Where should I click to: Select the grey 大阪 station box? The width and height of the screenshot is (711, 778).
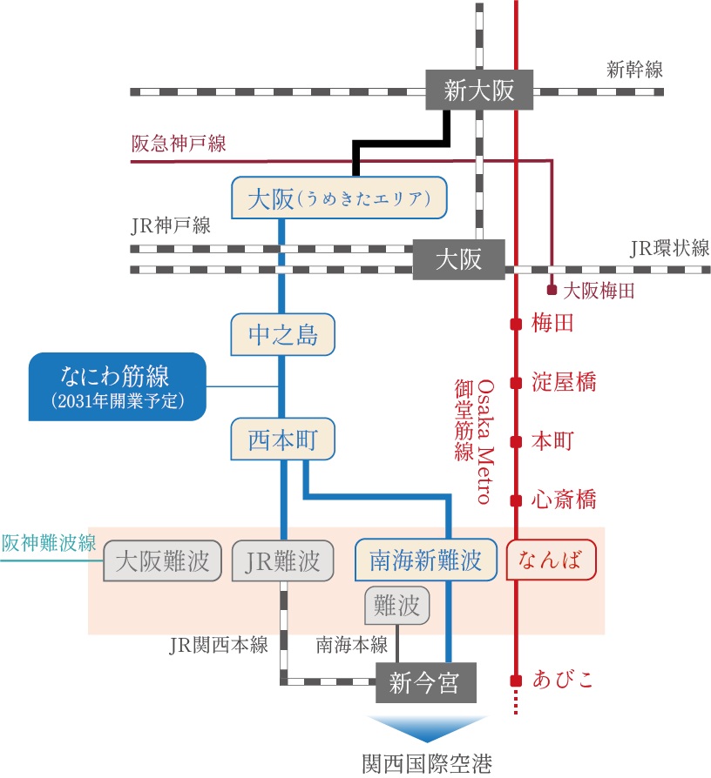[x=458, y=259]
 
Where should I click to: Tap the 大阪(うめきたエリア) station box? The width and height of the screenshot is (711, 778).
[x=339, y=198]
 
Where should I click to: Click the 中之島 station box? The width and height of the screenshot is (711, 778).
[x=282, y=335]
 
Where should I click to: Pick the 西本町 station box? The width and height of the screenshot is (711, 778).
[x=282, y=439]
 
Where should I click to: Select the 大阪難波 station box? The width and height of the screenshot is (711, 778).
[x=163, y=561]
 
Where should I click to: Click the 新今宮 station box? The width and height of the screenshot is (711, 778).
[x=426, y=683]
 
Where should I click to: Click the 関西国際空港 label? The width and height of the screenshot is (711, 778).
[x=426, y=762]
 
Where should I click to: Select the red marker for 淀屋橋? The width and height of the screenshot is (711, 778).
[x=516, y=382]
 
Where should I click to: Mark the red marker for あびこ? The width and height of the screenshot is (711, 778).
[x=516, y=680]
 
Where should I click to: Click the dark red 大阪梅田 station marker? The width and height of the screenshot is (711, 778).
[x=552, y=291]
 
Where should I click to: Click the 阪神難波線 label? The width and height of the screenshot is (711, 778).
[x=48, y=543]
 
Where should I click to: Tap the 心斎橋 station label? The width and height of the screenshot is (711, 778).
[x=564, y=500]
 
